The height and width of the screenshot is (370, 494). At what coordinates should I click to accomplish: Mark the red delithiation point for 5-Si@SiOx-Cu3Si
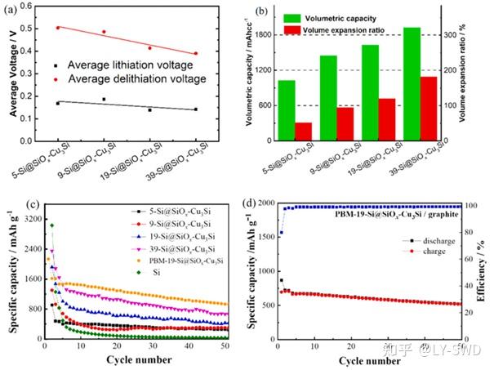click(57, 28)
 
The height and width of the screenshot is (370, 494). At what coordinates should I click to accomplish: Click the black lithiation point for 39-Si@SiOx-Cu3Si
click(196, 109)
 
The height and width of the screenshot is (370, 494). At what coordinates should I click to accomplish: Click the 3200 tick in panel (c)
click(30, 220)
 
